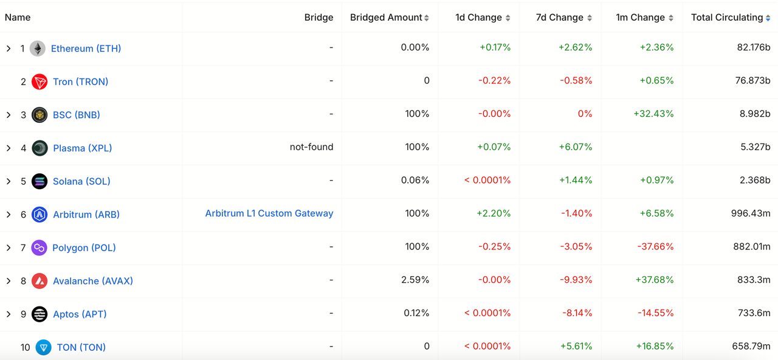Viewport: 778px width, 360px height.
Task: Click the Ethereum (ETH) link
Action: pyautogui.click(x=86, y=49)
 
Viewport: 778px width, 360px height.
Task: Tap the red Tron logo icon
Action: pyautogui.click(x=40, y=82)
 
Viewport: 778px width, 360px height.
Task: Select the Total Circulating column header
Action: pyautogui.click(x=726, y=18)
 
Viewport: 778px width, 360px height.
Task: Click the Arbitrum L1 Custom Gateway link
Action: pyautogui.click(x=269, y=213)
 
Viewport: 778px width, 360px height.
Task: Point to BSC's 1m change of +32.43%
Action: pyautogui.click(x=653, y=114)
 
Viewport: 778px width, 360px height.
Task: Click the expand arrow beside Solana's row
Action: pyautogui.click(x=9, y=181)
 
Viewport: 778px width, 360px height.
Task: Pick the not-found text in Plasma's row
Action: pyautogui.click(x=311, y=147)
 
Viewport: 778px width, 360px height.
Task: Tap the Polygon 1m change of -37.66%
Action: pyautogui.click(x=655, y=246)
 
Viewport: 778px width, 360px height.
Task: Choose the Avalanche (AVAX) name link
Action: pyautogui.click(x=93, y=281)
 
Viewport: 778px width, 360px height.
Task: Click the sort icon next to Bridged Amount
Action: pyautogui.click(x=427, y=18)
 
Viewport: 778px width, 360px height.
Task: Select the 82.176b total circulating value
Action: pyautogui.click(x=753, y=47)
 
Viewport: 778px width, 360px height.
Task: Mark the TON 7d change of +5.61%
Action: pyautogui.click(x=576, y=346)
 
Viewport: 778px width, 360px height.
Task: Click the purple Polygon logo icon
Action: pyautogui.click(x=40, y=247)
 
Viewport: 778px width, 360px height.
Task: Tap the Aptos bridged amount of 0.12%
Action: pyautogui.click(x=416, y=313)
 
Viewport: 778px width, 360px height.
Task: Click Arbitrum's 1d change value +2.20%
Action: pyautogui.click(x=494, y=213)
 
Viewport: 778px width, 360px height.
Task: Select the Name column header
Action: pyautogui.click(x=18, y=18)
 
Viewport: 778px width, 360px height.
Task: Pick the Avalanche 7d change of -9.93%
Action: pyautogui.click(x=576, y=280)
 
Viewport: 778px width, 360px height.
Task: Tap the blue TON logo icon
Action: pyautogui.click(x=43, y=347)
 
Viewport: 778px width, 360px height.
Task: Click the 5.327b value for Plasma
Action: pyautogui.click(x=753, y=147)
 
